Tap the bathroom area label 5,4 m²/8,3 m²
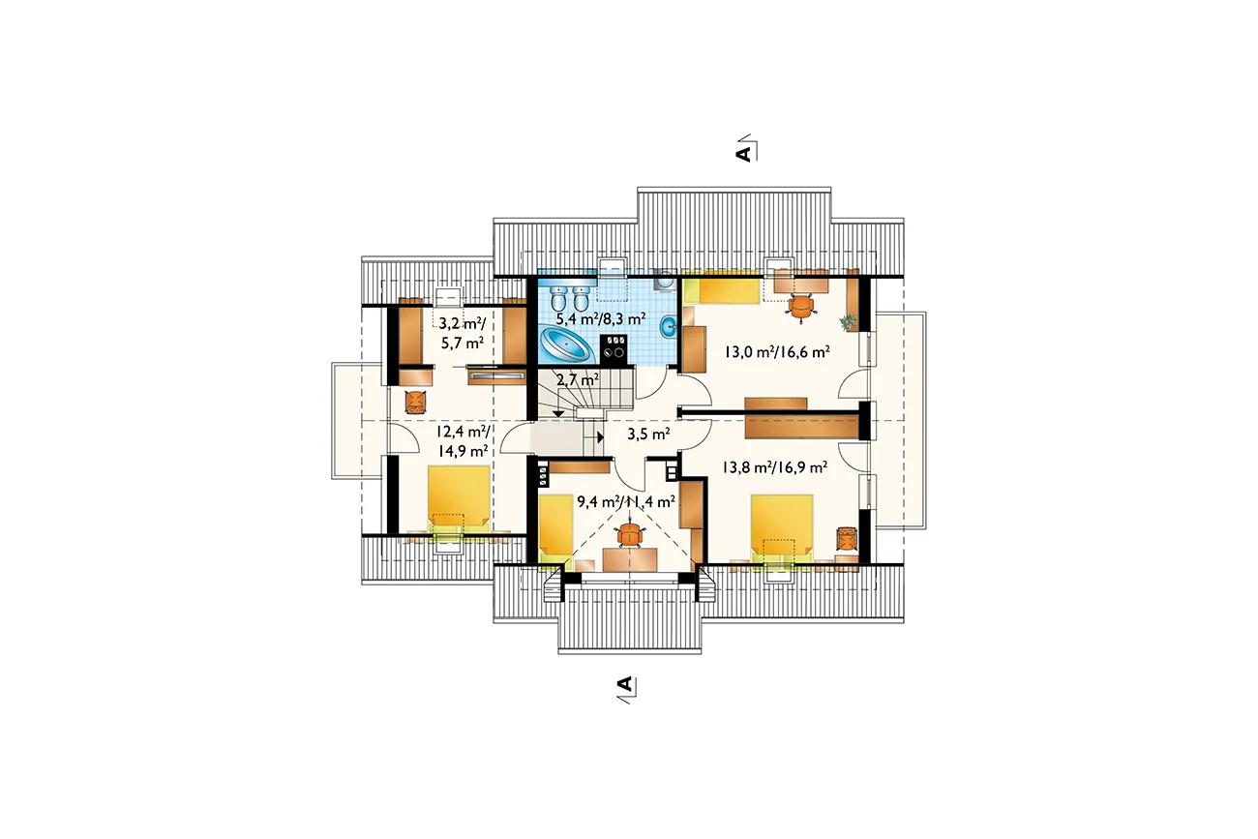601,319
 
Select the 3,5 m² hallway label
648,434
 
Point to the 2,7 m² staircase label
578,379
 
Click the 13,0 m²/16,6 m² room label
777,352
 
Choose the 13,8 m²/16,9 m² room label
774,467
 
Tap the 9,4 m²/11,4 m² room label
626,501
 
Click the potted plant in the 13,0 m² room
849,322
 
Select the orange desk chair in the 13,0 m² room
800,307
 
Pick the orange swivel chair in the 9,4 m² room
630,535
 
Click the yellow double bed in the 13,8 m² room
782,529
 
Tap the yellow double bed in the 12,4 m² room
459,499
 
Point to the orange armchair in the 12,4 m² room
416,402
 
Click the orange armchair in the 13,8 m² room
848,539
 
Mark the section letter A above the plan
743,154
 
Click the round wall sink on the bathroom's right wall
669,326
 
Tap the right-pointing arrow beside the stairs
599,436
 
